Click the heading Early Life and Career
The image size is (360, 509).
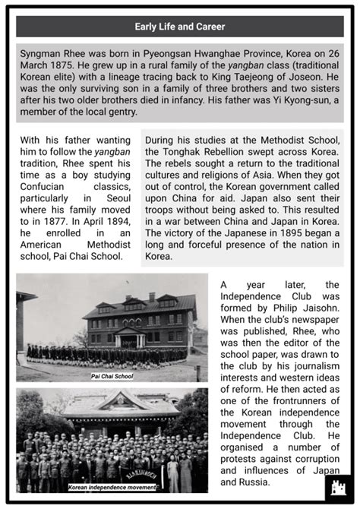pos(180,27)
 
